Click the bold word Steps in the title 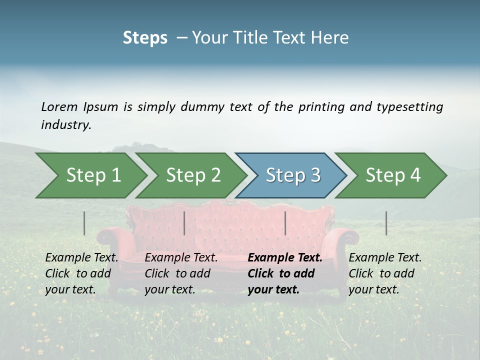[145, 37]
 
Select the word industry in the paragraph [66, 125]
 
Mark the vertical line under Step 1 [84, 223]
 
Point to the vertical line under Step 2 [184, 223]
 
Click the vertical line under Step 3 [285, 223]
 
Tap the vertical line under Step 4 [386, 223]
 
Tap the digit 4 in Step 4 [415, 175]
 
